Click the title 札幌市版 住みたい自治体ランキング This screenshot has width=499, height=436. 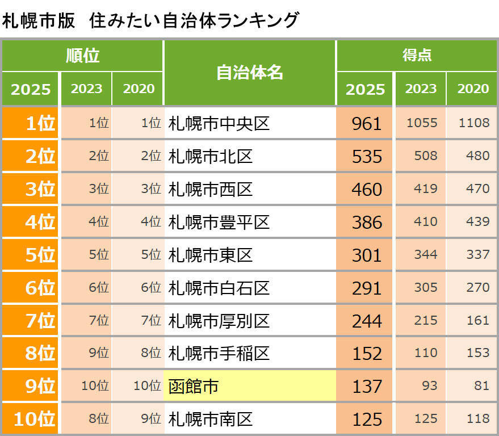point(150,20)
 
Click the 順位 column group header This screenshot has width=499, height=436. point(82,56)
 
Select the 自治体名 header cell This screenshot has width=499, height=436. point(249,72)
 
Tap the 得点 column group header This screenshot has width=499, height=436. point(417,55)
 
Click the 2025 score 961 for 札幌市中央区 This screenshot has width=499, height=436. point(367,123)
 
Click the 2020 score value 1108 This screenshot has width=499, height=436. point(473,123)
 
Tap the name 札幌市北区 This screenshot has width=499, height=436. point(211,156)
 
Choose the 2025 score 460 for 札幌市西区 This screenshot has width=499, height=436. point(367,189)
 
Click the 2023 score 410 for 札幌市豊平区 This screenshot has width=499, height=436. point(426,221)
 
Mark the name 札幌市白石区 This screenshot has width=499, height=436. point(219,288)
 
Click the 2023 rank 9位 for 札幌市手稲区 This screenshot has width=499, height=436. point(99,353)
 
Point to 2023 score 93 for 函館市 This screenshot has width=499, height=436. point(430,386)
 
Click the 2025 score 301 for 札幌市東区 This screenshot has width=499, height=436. point(367,255)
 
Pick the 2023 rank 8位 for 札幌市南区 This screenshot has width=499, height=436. point(99,419)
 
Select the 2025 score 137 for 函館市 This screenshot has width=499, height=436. point(367,387)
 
